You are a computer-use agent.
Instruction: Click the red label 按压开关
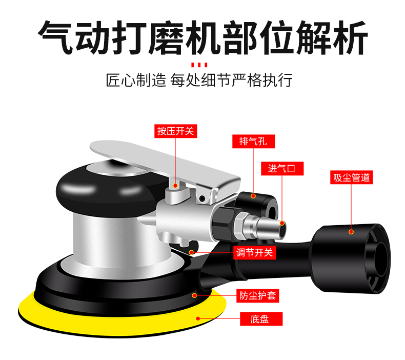coord(176,131)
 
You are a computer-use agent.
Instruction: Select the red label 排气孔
coord(253,142)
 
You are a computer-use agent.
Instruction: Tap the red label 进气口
coord(282,169)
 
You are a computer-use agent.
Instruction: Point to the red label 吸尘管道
coord(351,177)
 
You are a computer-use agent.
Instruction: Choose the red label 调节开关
coord(254,252)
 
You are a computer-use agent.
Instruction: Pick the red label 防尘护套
coord(257,296)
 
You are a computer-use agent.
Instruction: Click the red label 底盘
coord(261,319)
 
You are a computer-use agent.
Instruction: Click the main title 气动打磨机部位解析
coord(203,38)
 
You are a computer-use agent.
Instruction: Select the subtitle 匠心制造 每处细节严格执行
coord(199,80)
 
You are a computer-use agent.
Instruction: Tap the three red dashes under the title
coord(199,65)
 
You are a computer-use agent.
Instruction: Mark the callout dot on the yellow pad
coord(198,318)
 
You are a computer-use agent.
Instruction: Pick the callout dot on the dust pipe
coord(351,232)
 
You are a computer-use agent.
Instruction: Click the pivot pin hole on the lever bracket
coord(202,198)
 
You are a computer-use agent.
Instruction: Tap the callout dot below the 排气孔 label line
coord(253,196)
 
